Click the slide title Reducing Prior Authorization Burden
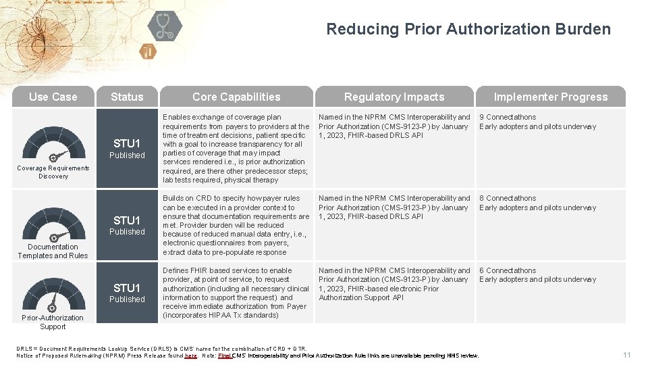pos(468,29)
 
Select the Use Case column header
pos(53,97)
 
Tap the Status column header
pos(127,97)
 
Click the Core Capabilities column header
pos(236,97)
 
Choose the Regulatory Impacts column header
pos(394,97)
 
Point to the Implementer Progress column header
pos(551,97)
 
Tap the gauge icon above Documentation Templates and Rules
pos(53,223)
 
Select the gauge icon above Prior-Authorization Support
pos(53,295)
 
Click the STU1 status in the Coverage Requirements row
pos(127,143)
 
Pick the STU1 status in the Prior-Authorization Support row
pos(127,288)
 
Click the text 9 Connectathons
pos(508,118)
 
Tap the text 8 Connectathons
pos(508,199)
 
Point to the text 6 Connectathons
pos(508,270)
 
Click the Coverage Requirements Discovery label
pos(53,172)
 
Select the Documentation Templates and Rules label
pos(53,251)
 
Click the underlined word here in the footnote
pos(191,356)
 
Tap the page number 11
pos(627,355)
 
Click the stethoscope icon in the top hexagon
pos(165,26)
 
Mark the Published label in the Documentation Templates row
pos(127,232)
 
